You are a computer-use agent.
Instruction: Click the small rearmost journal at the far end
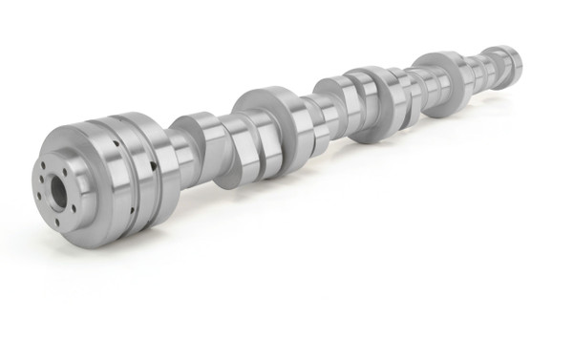coord(504,61)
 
